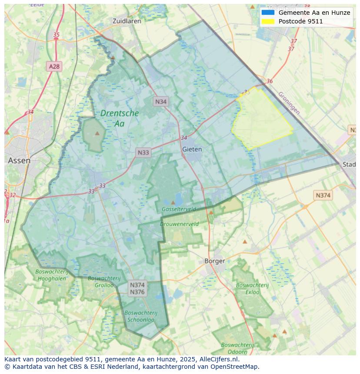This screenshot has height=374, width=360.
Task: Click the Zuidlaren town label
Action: pos(127,21)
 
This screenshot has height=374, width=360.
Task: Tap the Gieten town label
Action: pos(192,149)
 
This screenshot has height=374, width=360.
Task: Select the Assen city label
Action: pos(19,160)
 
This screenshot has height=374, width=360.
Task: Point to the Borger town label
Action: pos(215,261)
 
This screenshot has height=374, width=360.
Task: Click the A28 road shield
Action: pos(54,66)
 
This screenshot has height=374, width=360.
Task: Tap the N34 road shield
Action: pos(161,102)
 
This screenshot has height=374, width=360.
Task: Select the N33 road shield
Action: pos(143,152)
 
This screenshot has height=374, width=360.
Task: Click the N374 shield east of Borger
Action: pos(323,195)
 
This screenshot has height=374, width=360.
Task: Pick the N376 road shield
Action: pos(137,292)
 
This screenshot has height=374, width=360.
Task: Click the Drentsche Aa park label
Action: pos(119,118)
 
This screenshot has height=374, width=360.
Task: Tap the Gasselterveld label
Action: pos(179,209)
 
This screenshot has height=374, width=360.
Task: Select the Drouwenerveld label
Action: pos(179,224)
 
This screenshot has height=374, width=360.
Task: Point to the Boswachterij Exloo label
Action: pos(252,288)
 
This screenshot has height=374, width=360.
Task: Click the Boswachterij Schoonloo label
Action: pos(140,316)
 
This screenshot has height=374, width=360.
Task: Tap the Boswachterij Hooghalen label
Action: pos(51,275)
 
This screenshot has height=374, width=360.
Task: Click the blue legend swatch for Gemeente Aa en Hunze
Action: pos(268,13)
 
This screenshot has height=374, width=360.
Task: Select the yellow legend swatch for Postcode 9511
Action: pos(268,21)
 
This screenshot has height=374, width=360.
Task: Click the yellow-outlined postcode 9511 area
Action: pos(261,119)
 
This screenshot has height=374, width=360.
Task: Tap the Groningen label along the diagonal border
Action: pos(289,103)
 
